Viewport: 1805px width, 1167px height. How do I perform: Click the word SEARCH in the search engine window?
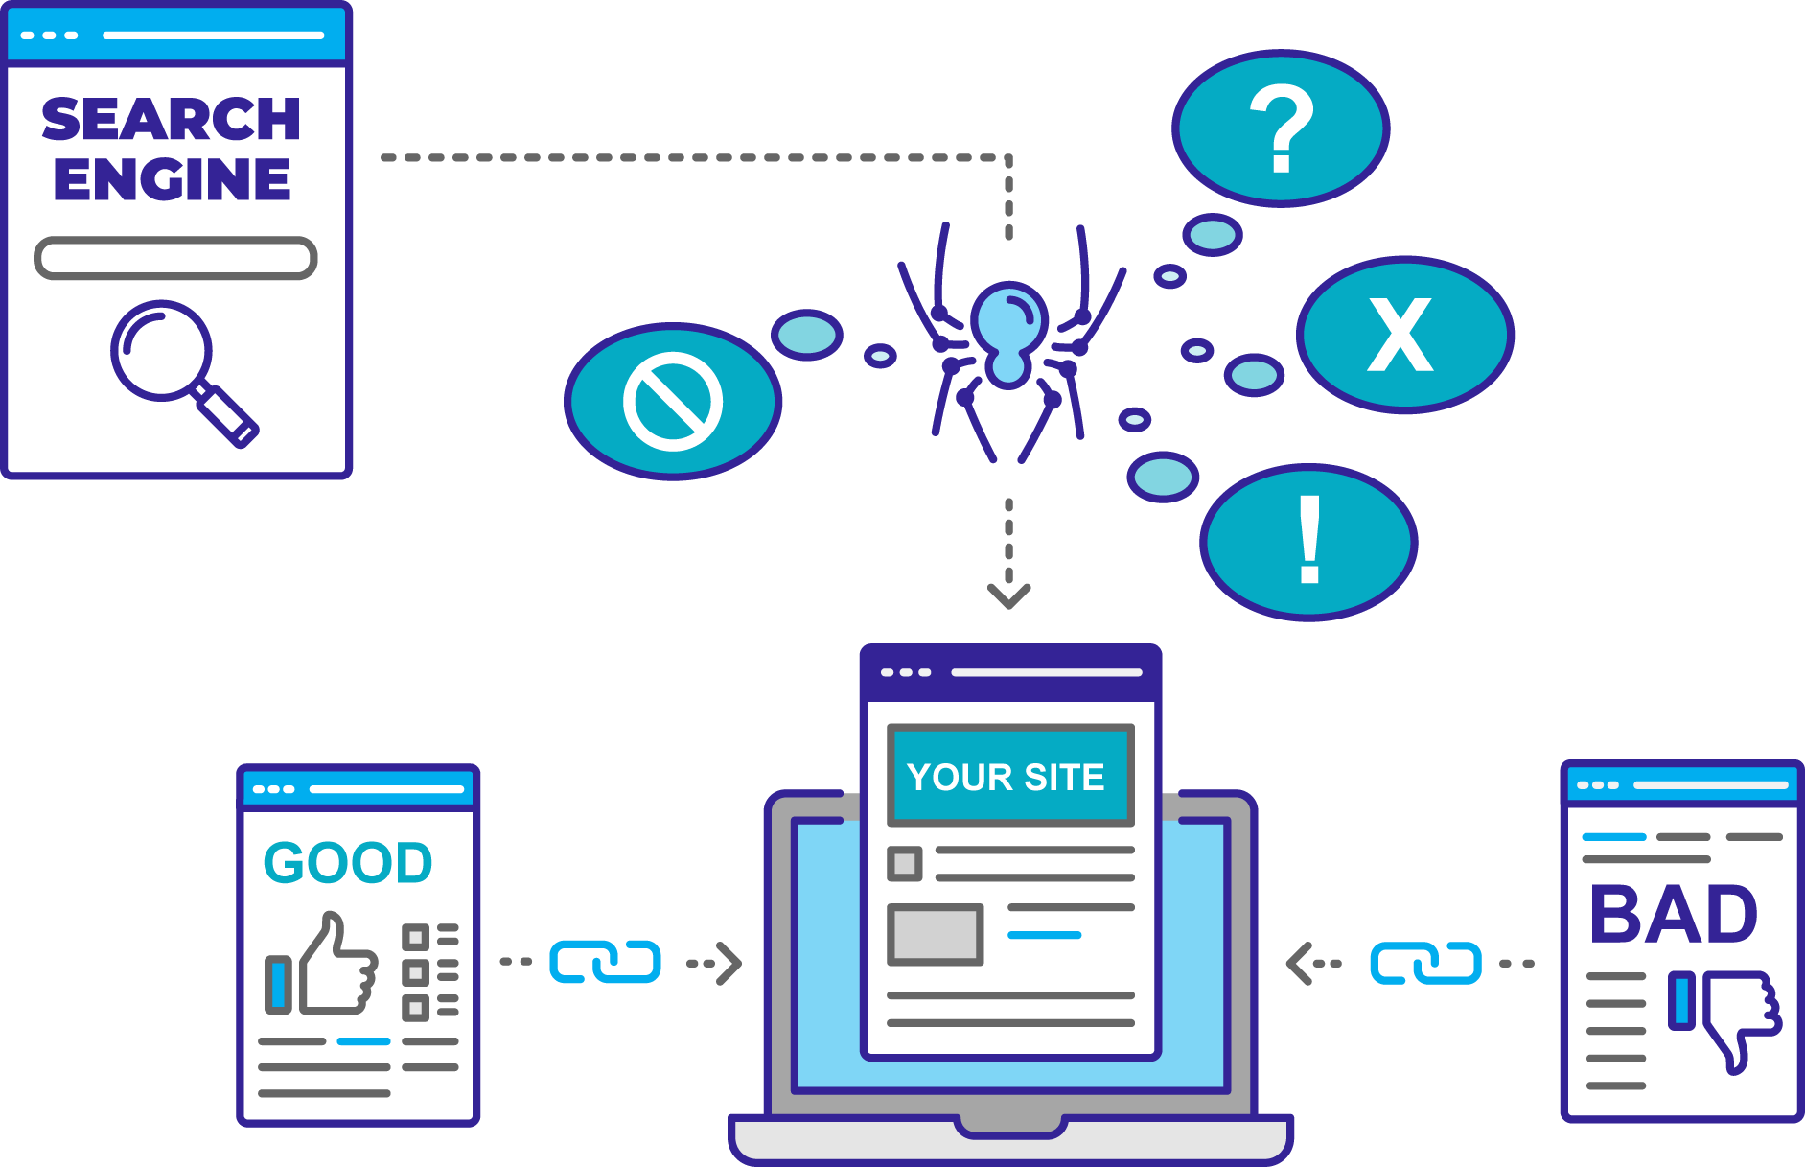coord(172,119)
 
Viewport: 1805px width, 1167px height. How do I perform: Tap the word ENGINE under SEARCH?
coord(172,179)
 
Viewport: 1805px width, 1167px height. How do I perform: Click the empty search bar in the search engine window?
coord(175,258)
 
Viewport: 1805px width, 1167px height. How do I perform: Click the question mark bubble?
coord(1281,128)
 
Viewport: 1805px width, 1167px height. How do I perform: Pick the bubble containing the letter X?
coord(1404,335)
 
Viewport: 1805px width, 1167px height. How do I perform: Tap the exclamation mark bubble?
coord(1308,542)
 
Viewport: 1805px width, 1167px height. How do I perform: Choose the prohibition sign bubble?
coord(673,402)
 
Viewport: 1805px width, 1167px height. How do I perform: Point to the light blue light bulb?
coord(1008,331)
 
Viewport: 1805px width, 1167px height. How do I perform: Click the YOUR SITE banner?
coord(1009,776)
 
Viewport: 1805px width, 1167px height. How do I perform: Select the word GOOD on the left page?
coord(348,862)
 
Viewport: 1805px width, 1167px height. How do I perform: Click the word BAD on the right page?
coord(1674,914)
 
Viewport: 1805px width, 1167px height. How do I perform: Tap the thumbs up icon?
coord(335,967)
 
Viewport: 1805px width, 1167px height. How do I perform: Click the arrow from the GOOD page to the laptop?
coord(610,963)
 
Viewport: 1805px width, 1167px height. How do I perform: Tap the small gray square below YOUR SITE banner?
coord(904,863)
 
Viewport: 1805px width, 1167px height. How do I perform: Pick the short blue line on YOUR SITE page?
coord(1044,935)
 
